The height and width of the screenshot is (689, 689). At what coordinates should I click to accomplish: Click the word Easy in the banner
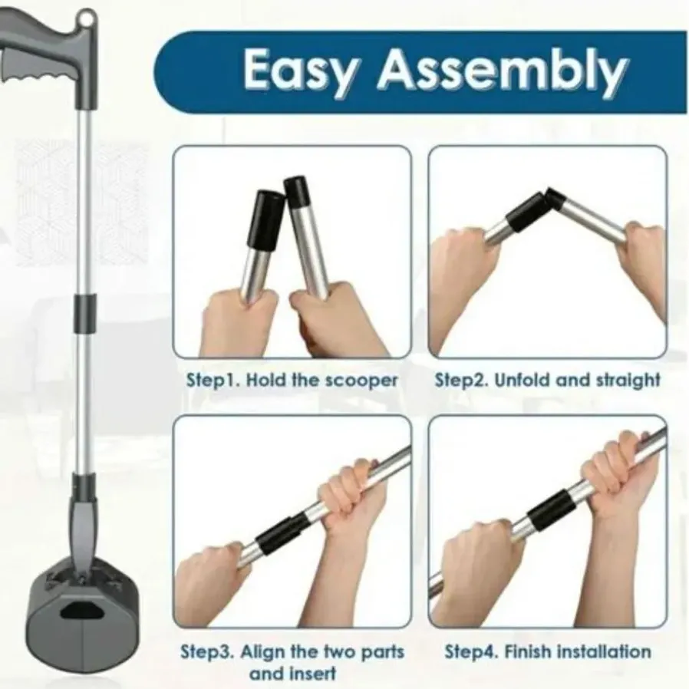point(298,71)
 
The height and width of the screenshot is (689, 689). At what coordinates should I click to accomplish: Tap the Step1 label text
point(213,380)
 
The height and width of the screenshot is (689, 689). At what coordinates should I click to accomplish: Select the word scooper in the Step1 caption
point(361,381)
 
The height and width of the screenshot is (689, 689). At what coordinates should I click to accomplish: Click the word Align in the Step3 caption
point(265,651)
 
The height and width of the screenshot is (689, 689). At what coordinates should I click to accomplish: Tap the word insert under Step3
point(315,673)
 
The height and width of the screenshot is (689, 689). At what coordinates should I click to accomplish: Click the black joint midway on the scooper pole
point(85,313)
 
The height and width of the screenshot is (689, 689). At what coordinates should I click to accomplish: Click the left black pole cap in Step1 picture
point(265,218)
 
